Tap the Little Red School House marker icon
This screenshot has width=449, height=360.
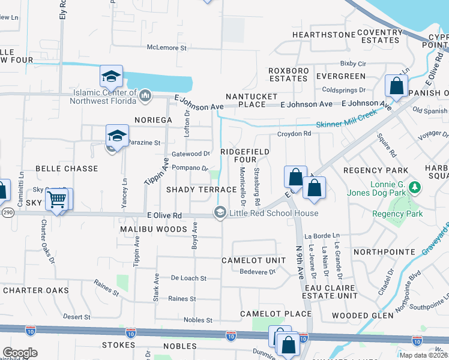point(220,213)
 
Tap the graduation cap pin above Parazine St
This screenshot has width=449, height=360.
point(117,136)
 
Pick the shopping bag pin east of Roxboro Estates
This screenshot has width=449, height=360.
point(397,86)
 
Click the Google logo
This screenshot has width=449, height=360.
point(20,353)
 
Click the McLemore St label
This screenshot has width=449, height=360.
point(167,47)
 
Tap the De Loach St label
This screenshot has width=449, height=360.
point(188,278)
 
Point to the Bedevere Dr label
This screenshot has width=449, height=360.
point(256,272)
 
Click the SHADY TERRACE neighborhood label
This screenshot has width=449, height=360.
point(193,190)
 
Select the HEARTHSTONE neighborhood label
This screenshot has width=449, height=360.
point(324,35)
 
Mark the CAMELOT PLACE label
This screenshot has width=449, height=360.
point(276,314)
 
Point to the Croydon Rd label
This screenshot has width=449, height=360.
point(294,134)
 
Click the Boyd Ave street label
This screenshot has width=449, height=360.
point(194,236)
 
